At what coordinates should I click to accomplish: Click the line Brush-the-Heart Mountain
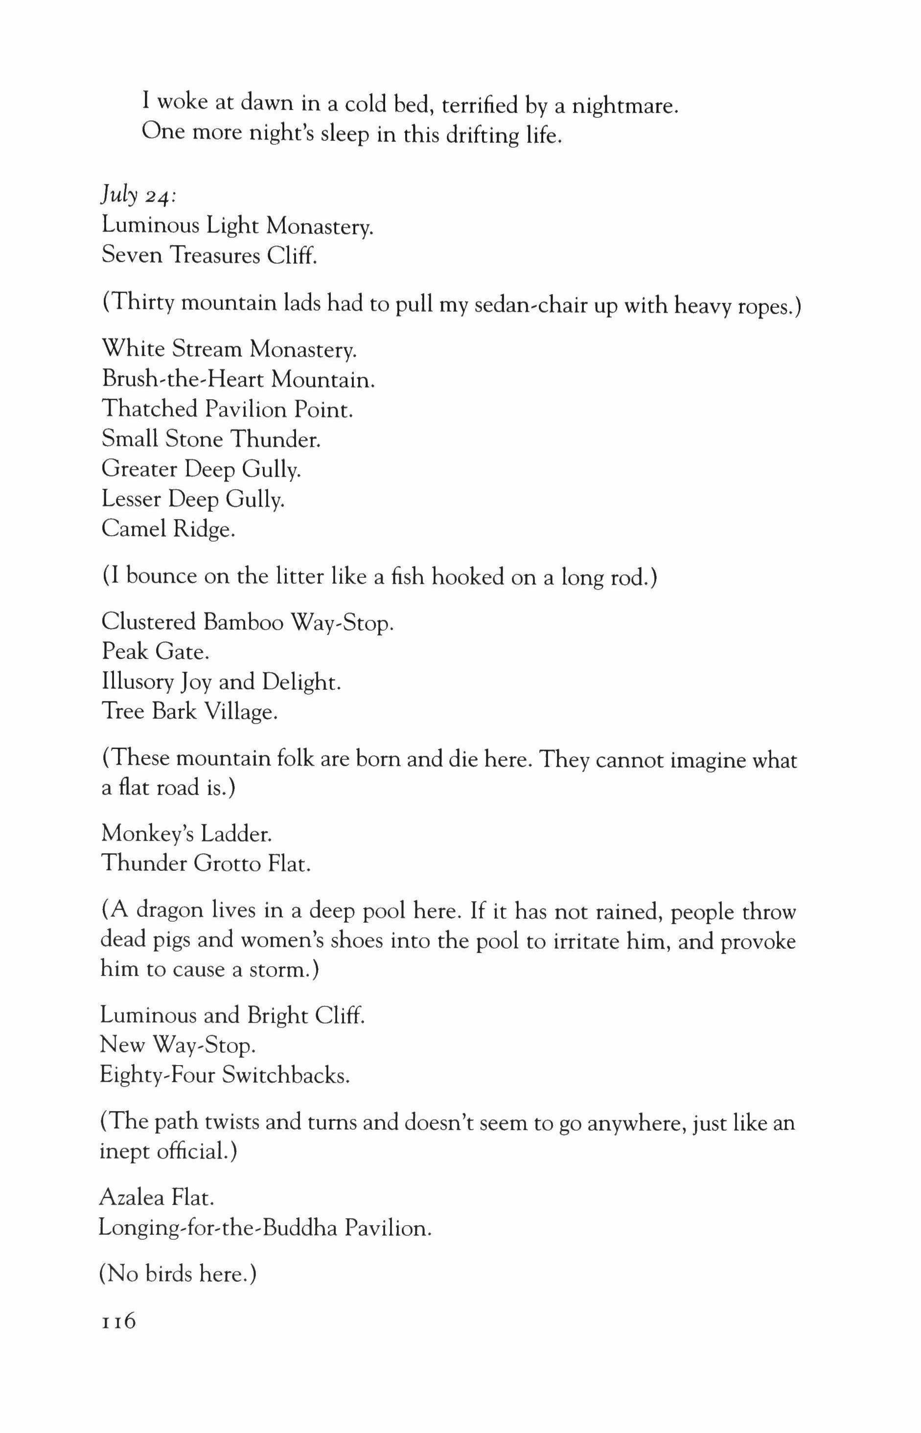(238, 380)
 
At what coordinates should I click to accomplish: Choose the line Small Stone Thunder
(211, 439)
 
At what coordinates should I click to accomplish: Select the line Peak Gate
(156, 651)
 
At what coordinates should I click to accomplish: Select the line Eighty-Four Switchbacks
(224, 1075)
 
